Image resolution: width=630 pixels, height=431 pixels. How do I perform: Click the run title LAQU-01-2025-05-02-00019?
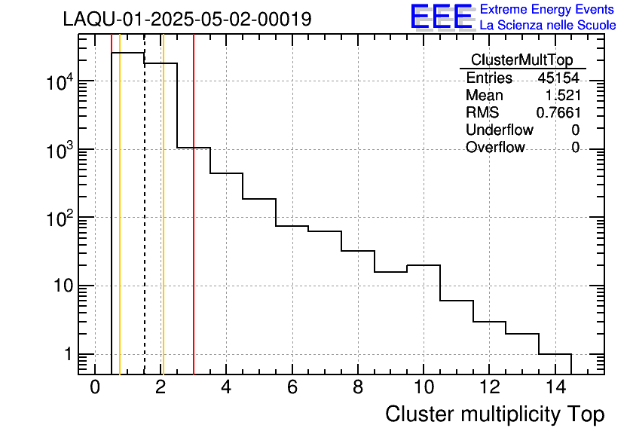187,20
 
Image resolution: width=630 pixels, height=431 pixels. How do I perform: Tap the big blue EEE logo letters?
441,17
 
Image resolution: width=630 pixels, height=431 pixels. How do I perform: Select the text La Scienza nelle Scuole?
548,26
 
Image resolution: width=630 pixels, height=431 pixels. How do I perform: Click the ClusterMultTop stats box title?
521,60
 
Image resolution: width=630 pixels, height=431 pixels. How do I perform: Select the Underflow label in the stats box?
499,130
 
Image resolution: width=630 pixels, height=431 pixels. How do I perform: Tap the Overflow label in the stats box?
495,148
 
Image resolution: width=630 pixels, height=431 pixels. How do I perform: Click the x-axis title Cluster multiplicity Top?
494,414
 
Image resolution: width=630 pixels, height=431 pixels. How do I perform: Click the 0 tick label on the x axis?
95,387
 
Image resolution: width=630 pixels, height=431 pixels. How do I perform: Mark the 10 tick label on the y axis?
62,286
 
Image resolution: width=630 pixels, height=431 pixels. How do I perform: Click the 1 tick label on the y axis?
68,354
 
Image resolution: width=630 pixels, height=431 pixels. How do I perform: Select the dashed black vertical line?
145,226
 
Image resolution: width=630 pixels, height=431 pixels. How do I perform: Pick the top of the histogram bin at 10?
424,265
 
